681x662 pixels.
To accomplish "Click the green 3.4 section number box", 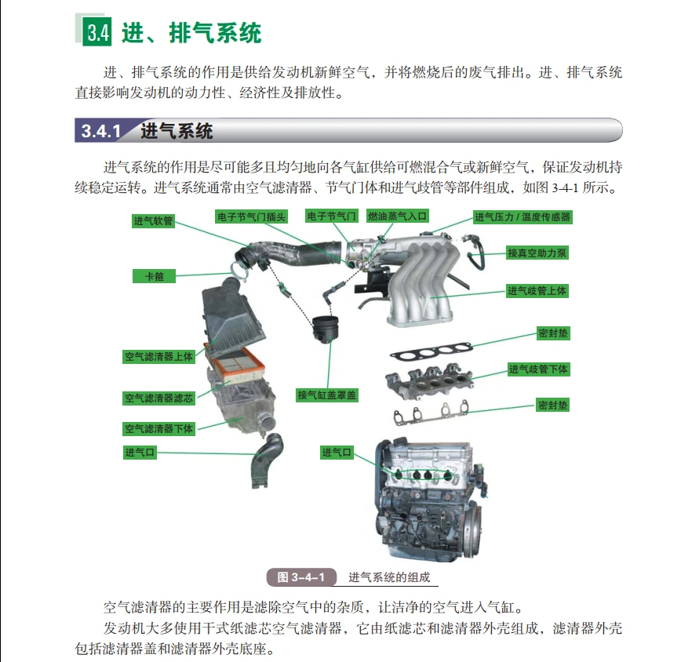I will (x=97, y=33).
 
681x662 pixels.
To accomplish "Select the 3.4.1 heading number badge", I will (x=101, y=131).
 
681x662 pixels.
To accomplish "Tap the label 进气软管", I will (x=152, y=222).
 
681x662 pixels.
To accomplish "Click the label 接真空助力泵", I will (x=537, y=253).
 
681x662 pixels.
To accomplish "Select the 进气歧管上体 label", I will (x=537, y=291).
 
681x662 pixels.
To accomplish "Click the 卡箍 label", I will (x=154, y=276).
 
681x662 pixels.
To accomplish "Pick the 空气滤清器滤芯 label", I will (x=158, y=398).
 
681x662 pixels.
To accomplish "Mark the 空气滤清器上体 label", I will (x=158, y=356).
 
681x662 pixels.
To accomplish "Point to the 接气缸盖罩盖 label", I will (x=327, y=395).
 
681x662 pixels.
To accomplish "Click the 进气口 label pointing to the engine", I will (x=337, y=453).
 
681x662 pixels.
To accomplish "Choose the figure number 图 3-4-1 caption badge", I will (x=301, y=577).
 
